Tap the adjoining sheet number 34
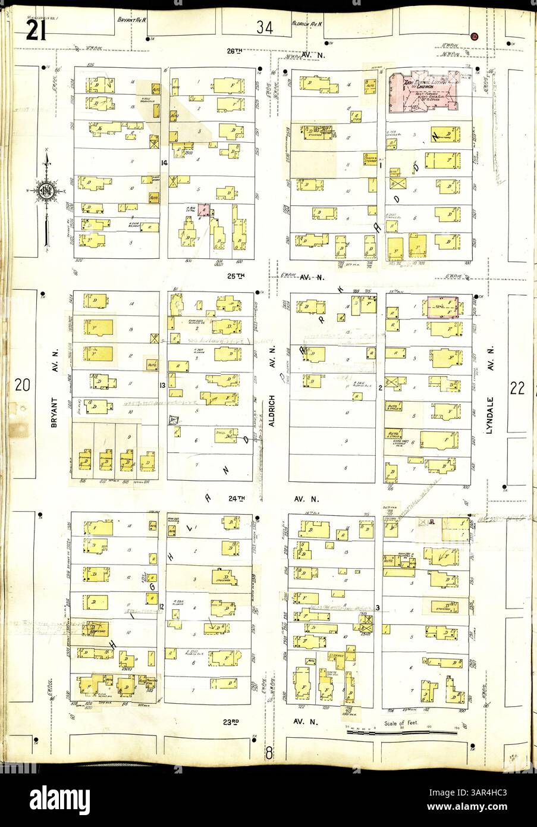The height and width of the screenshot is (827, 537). (265, 27)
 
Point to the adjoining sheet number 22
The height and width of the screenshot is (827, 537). (516, 388)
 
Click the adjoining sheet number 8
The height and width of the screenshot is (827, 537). (268, 752)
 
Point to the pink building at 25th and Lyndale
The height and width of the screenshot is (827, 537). (444, 308)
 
